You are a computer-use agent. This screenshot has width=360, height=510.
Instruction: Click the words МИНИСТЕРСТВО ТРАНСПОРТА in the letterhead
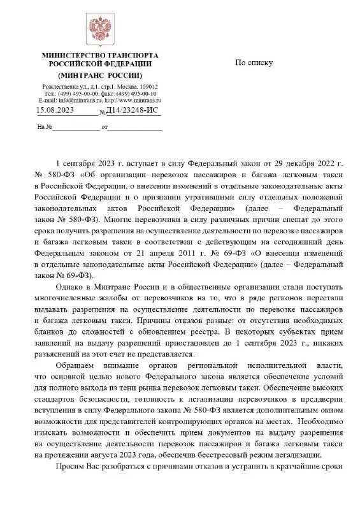pyautogui.click(x=99, y=55)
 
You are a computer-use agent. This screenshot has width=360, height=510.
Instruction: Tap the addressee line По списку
pyautogui.click(x=254, y=62)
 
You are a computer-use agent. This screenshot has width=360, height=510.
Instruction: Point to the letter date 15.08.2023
pyautogui.click(x=55, y=111)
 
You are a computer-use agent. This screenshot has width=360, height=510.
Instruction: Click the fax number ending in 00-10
pyautogui.click(x=140, y=94)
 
